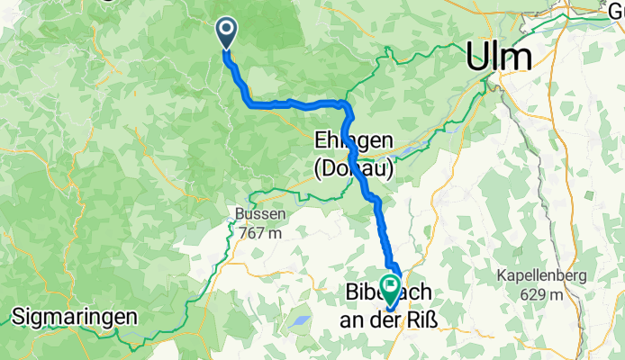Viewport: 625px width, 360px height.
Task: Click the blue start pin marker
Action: [224, 33]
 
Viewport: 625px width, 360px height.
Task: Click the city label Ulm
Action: [498, 57]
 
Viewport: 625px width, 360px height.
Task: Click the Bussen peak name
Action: [262, 215]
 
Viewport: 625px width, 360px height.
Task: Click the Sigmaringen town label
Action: [75, 317]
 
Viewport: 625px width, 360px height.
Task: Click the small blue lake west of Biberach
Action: [298, 320]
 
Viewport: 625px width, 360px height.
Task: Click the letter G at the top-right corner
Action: [616, 10]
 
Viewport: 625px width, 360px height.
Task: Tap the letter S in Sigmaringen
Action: [18, 317]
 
